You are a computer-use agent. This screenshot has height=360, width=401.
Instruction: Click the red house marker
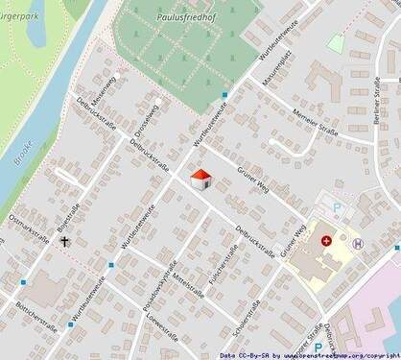pyautogui.click(x=200, y=180)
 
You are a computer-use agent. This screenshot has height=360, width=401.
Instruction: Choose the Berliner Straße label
pyautogui.click(x=370, y=96)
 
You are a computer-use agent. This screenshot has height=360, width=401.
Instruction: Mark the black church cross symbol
pyautogui.click(x=67, y=243)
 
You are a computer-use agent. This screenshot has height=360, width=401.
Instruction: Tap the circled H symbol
pyautogui.click(x=358, y=244)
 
